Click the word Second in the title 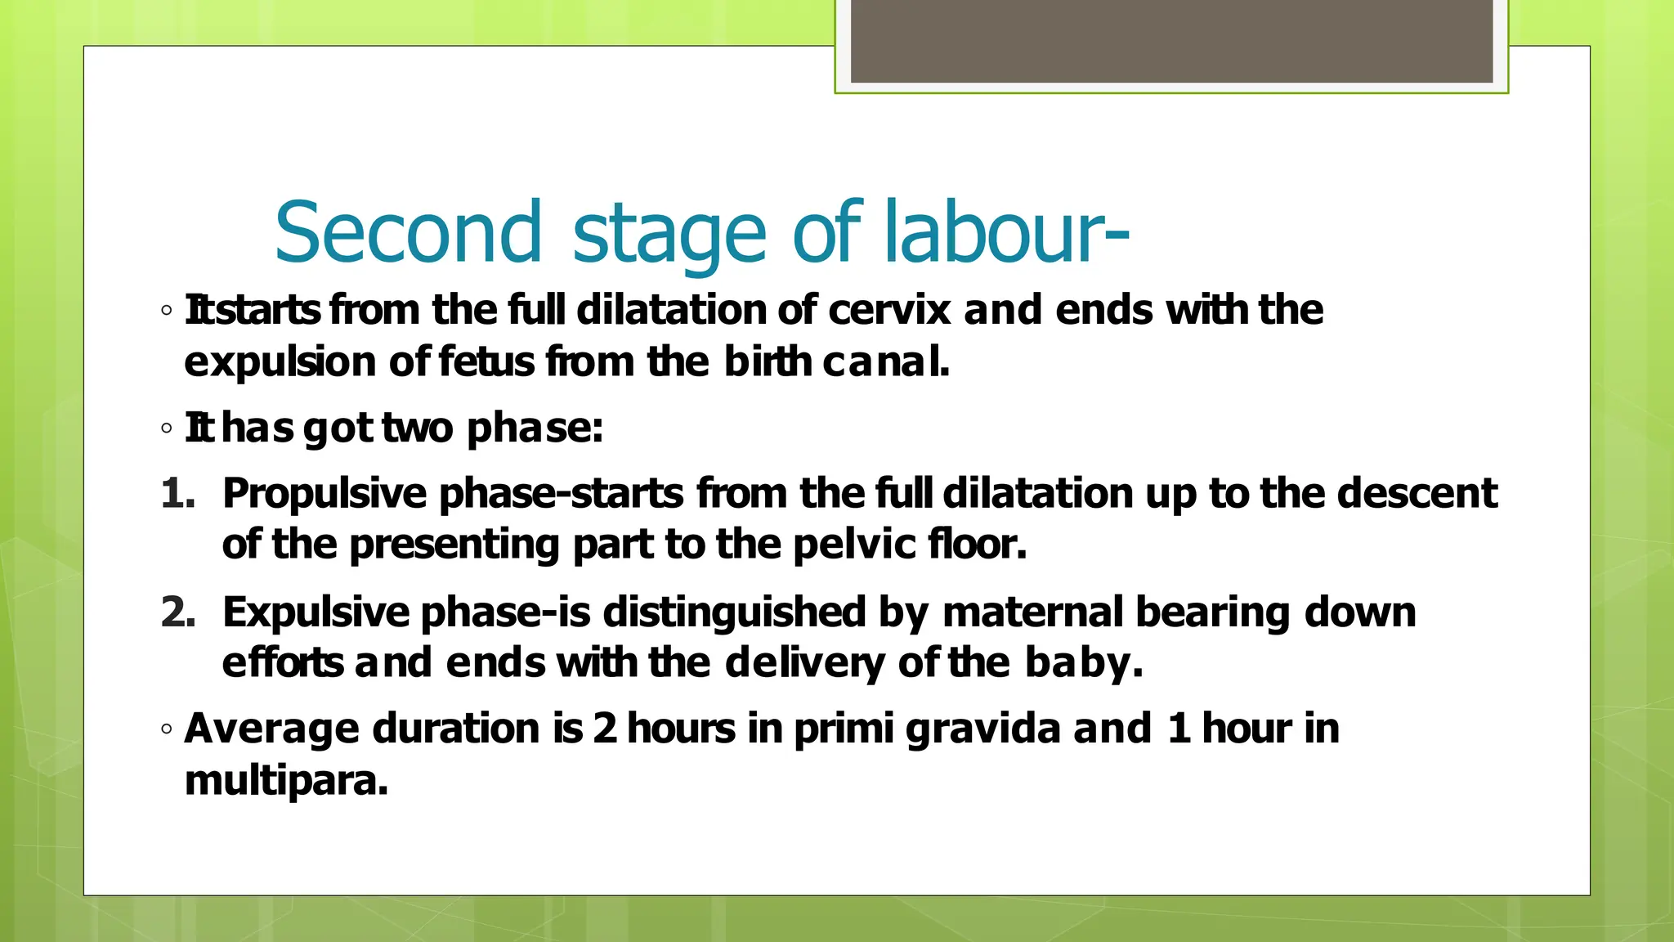(x=408, y=233)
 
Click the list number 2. (x=178, y=612)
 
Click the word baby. (x=1082, y=663)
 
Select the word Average (x=271, y=729)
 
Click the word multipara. (x=286, y=781)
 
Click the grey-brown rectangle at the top (x=1171, y=41)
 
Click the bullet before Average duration (x=167, y=729)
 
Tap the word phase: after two (x=535, y=428)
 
